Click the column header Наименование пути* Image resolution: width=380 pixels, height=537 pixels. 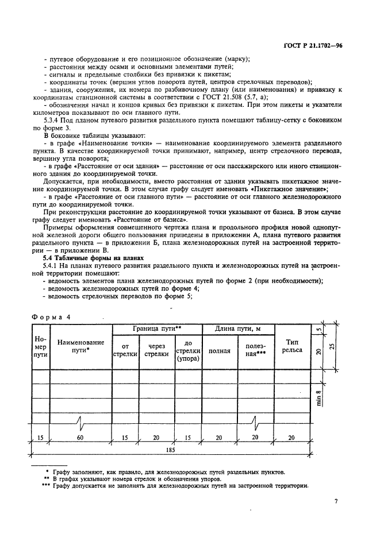tap(80, 346)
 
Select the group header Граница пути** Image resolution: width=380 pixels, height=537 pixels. tap(157, 329)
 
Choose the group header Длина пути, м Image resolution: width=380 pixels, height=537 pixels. tap(237, 329)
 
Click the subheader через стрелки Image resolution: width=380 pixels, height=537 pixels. tap(157, 350)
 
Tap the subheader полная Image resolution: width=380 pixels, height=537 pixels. tap(219, 350)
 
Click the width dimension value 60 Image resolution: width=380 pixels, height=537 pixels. tap(80, 438)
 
